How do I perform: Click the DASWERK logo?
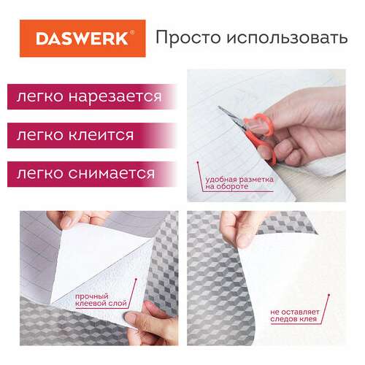[82, 39]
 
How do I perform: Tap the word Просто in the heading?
[188, 37]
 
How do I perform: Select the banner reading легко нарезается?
[91, 96]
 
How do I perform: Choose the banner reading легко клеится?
[91, 135]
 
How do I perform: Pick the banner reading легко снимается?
[91, 174]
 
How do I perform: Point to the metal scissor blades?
[231, 118]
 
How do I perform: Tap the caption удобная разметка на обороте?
[239, 183]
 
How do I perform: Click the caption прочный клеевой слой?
[101, 300]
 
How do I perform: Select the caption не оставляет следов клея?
[295, 315]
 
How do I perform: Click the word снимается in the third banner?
[111, 174]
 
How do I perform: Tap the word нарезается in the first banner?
[115, 97]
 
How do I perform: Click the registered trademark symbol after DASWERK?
[132, 32]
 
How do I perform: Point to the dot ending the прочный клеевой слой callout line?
[136, 280]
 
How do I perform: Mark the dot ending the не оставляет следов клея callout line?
[328, 295]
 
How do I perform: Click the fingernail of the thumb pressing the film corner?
[131, 318]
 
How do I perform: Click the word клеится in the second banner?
[101, 135]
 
